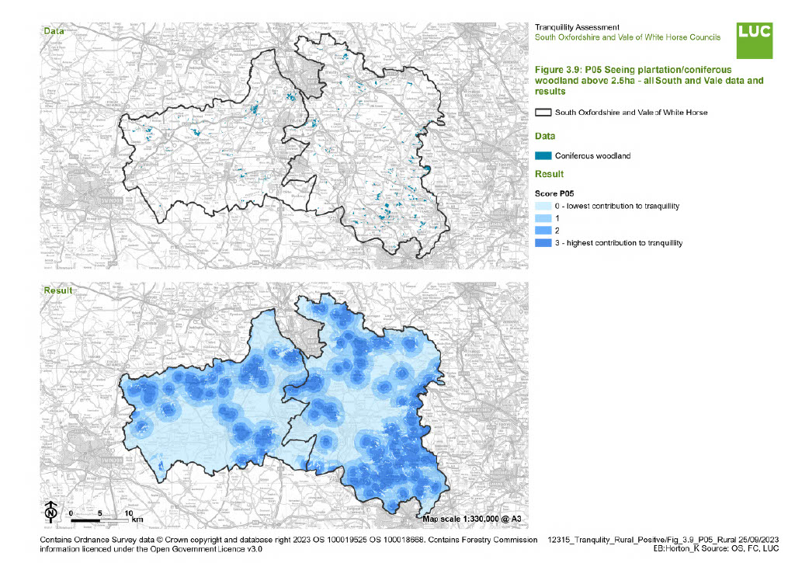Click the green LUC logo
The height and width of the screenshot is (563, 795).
754,40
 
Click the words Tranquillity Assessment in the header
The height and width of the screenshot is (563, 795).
576,27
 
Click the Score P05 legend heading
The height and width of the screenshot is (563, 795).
557,192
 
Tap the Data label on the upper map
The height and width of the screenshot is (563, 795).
54,30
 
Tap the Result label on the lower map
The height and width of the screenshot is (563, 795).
57,290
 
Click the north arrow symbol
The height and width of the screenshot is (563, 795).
50,513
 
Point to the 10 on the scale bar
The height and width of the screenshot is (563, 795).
128,513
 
